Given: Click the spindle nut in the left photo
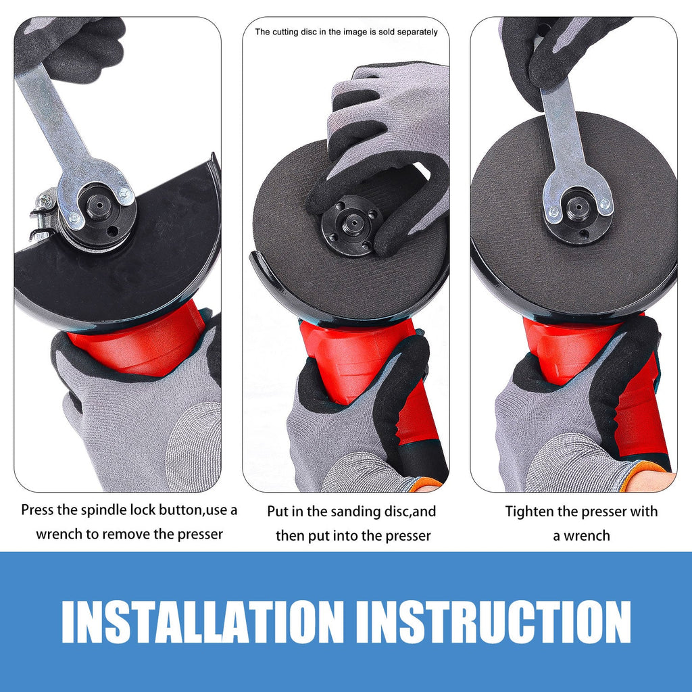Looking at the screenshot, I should pyautogui.click(x=99, y=206).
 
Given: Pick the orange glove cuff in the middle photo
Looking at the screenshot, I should pyautogui.click(x=427, y=484).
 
